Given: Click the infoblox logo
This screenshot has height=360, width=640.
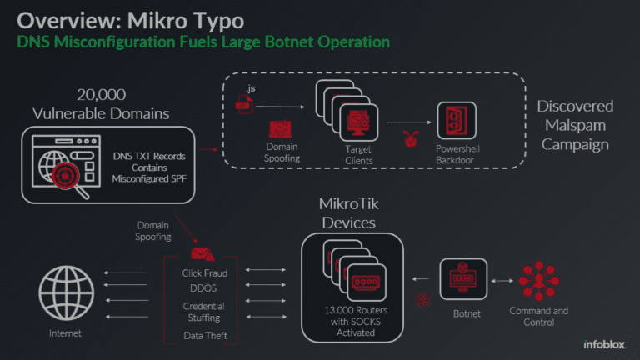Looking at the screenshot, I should pyautogui.click(x=599, y=344).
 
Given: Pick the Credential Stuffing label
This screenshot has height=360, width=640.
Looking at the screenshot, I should pyautogui.click(x=204, y=312).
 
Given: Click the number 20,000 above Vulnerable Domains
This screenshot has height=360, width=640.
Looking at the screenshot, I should pyautogui.click(x=102, y=95).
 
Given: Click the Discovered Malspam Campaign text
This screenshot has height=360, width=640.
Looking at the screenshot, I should pyautogui.click(x=575, y=125).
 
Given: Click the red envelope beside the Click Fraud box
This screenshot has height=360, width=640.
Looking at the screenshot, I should pyautogui.click(x=200, y=253).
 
